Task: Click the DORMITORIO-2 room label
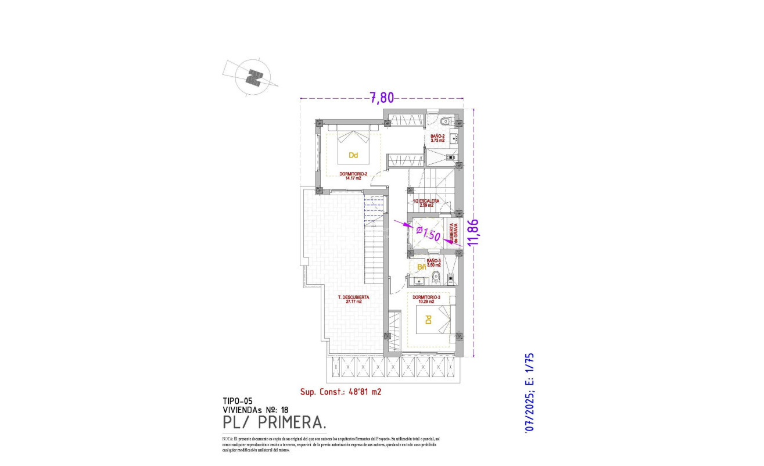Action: click(353, 175)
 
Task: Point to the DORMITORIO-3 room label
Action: click(426, 299)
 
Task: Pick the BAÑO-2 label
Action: click(437, 138)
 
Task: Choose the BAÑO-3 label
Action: click(434, 263)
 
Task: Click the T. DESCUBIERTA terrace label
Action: click(354, 299)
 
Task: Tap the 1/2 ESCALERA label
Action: click(426, 203)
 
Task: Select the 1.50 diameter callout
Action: click(430, 234)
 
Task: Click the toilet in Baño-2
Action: click(446, 121)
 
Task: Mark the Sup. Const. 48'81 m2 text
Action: click(340, 392)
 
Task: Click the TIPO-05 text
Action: click(238, 400)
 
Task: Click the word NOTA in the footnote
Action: click(227, 439)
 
